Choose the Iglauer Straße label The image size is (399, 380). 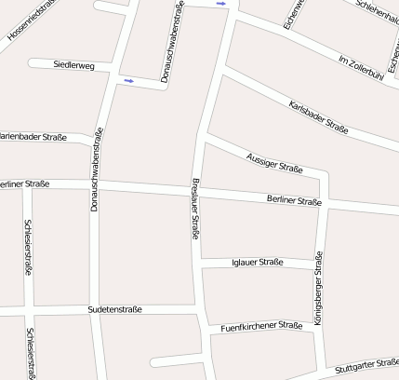point(256,263)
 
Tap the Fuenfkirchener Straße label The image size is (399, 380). point(262,327)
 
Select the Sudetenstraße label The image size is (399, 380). point(115,308)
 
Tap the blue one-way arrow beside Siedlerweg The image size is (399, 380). point(128,81)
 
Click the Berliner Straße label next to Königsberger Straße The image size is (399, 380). point(294,200)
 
